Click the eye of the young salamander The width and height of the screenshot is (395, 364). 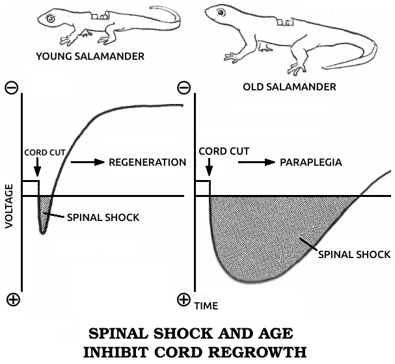tap(50, 20)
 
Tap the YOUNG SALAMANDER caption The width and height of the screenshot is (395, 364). tap(90, 57)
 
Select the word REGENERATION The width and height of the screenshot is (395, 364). tap(148, 162)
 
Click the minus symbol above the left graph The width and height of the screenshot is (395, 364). tap(12, 89)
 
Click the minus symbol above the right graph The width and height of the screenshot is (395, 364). tap(184, 86)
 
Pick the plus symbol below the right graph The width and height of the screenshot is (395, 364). tap(184, 300)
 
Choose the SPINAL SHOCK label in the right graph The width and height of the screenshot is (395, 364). tap(353, 254)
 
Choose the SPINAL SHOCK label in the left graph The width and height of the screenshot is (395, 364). tap(103, 216)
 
